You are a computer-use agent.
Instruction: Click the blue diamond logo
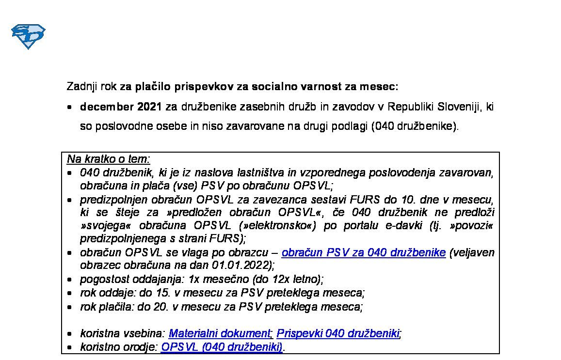tap(28, 36)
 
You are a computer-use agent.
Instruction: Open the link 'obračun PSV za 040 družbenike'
tap(363, 252)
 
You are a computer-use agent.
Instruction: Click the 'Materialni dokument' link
tap(219, 333)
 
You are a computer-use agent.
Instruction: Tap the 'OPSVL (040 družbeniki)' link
tap(222, 347)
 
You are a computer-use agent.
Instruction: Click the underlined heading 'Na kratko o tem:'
tap(109, 159)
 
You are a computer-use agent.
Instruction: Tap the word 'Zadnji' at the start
tap(82, 87)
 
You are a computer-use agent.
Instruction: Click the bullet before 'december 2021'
tap(70, 107)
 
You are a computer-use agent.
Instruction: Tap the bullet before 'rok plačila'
tap(70, 307)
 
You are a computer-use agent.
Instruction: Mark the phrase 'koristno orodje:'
tap(119, 347)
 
